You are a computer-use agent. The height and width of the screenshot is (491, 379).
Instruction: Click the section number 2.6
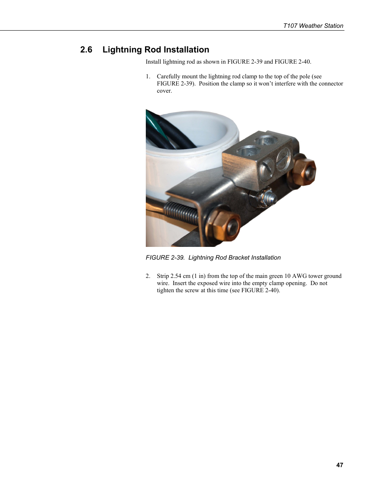[x=86, y=50]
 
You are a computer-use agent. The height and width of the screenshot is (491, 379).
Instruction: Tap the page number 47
[x=339, y=465]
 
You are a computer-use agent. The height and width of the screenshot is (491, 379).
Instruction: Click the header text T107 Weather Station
[x=313, y=26]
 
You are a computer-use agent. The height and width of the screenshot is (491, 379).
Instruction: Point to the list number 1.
[x=148, y=76]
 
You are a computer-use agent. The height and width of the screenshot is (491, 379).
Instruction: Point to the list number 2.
[x=148, y=276]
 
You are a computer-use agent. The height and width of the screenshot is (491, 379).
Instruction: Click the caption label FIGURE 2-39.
[x=165, y=258]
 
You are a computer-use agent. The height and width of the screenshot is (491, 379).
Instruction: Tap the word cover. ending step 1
[x=164, y=91]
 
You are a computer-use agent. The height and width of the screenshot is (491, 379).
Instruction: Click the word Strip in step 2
[x=163, y=276]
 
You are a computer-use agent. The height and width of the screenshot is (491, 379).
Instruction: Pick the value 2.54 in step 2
[x=176, y=276]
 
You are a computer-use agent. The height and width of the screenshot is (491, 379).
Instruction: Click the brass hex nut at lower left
[x=223, y=225]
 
